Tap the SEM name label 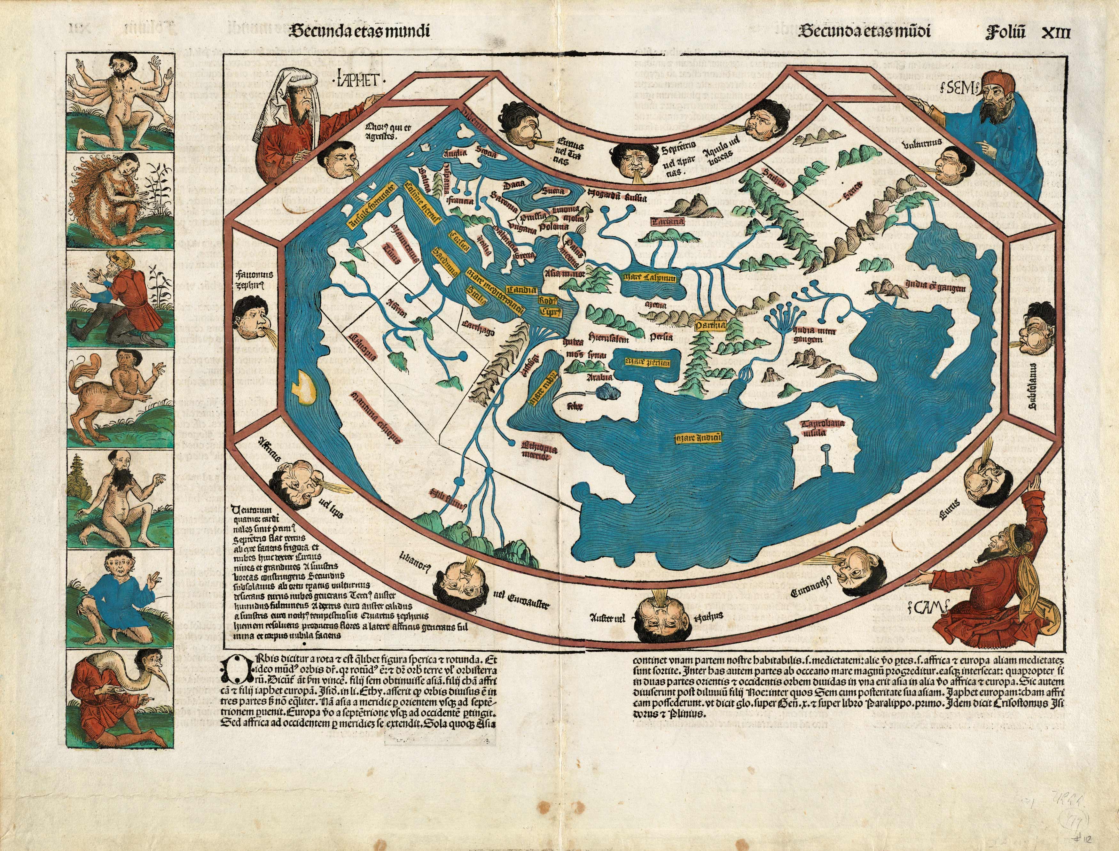point(957,89)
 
